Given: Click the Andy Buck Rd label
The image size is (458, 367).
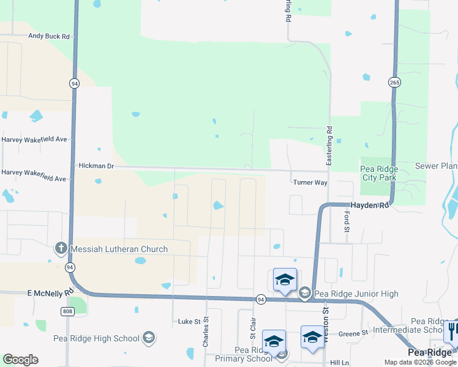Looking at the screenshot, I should click(50, 36).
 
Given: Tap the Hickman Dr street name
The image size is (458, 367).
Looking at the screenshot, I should click(97, 166).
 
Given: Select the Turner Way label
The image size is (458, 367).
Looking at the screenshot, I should click(310, 182).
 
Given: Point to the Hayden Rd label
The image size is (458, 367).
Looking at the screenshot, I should click(369, 206).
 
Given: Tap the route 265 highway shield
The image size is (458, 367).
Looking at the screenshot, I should click(394, 83).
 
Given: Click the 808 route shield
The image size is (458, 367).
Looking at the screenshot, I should click(67, 311).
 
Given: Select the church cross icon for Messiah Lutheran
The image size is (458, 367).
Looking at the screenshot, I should click(61, 248).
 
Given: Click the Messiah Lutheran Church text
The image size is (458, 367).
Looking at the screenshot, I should click(119, 249).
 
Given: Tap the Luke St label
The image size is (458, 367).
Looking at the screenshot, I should click(189, 321).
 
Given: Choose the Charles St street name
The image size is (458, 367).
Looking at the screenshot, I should click(206, 332).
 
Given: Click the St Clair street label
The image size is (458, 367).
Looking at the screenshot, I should click(252, 328).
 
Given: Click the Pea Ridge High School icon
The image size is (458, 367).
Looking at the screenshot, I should click(148, 337).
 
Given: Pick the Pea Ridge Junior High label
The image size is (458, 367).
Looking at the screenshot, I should click(357, 294).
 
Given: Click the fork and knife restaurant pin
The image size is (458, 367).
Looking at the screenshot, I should click(451, 331).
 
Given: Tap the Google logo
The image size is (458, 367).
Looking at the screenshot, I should click(21, 360).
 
